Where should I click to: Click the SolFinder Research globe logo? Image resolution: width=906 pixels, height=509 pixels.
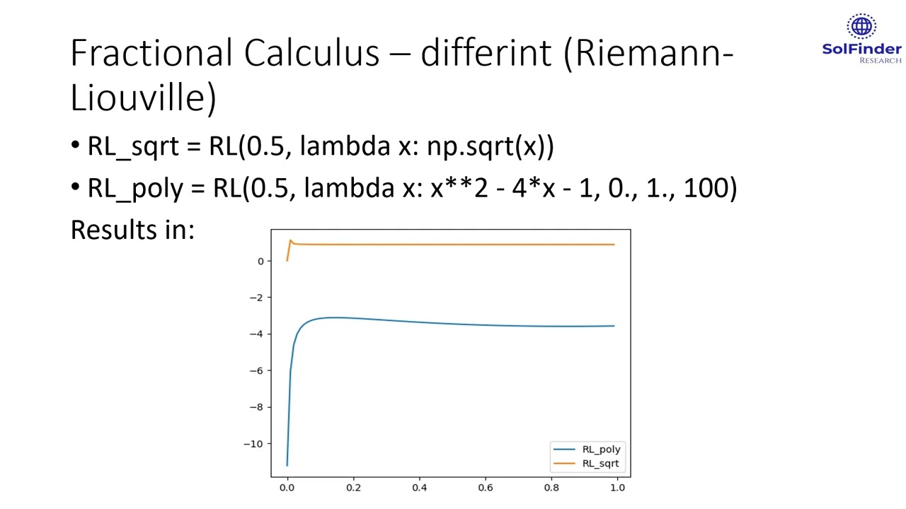(861, 27)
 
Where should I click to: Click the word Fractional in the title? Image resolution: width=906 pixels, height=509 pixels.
(151, 53)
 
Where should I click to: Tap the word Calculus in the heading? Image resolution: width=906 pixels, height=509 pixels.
(311, 53)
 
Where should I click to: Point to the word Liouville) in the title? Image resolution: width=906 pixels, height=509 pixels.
(143, 97)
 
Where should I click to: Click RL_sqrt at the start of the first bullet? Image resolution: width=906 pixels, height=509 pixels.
(133, 146)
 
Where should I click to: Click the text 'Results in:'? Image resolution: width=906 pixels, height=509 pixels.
(132, 230)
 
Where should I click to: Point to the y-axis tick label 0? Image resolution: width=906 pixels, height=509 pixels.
(260, 262)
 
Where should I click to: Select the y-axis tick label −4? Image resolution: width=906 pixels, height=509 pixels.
(256, 334)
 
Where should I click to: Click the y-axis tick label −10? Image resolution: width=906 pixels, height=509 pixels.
(253, 444)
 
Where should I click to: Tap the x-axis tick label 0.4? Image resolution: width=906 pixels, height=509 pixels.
(419, 487)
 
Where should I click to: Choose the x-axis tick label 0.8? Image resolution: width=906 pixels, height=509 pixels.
(551, 487)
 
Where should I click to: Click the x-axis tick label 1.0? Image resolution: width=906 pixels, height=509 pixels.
(617, 487)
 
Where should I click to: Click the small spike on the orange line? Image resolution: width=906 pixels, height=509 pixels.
(290, 241)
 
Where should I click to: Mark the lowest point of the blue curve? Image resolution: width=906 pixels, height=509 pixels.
(287, 465)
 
